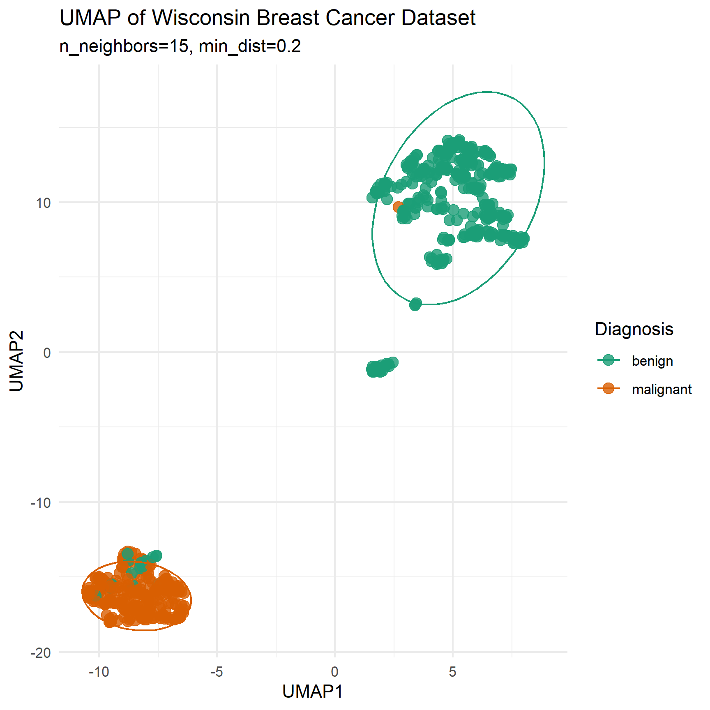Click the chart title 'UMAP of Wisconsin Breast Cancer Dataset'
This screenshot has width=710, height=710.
[267, 18]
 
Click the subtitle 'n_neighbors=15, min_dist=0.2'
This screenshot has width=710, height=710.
[180, 46]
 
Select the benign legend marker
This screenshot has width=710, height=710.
[609, 360]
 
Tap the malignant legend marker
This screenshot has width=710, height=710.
[609, 388]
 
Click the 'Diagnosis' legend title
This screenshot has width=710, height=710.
[634, 329]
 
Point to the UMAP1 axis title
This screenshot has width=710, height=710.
[313, 692]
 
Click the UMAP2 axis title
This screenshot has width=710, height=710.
[16, 361]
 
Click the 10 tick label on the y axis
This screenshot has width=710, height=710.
[43, 203]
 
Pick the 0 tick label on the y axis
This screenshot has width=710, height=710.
[47, 353]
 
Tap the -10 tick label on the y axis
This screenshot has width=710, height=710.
[41, 503]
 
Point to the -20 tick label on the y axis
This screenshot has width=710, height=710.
[41, 653]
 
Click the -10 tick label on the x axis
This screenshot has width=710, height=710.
[99, 672]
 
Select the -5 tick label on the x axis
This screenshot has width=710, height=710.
[217, 672]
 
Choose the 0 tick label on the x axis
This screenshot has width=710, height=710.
[335, 672]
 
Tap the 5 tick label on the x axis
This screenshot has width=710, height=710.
[452, 672]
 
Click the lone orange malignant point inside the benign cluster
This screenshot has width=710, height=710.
[398, 207]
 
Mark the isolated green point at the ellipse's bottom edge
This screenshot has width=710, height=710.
[415, 304]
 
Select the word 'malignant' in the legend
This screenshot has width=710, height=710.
[662, 389]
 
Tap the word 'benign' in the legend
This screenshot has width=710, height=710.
[652, 361]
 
